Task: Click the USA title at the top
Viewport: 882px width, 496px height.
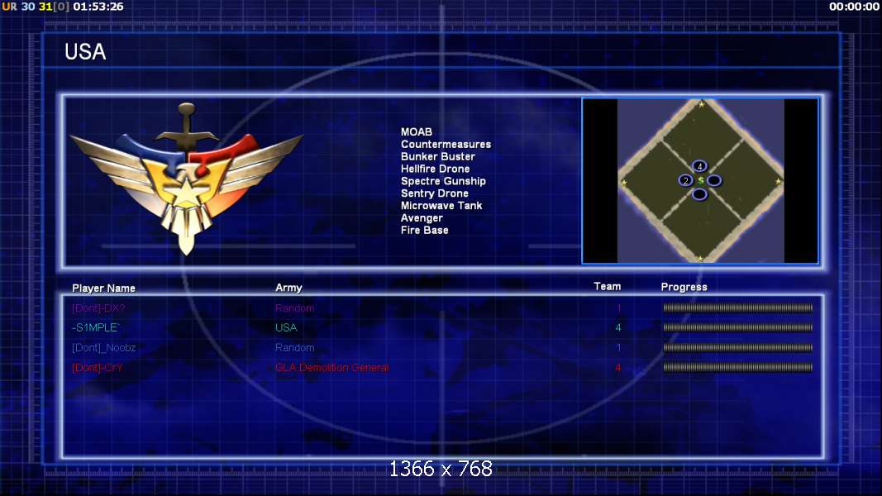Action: coord(85,52)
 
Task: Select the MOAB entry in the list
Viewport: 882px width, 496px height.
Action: coord(417,132)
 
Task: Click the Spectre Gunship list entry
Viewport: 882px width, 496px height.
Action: coord(443,181)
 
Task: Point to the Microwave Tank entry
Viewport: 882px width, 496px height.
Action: coord(441,206)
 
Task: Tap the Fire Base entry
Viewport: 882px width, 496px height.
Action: coord(425,231)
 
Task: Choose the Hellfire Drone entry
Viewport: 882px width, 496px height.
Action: coord(435,169)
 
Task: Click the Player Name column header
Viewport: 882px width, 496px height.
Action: coord(103,289)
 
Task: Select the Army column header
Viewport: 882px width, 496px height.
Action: coord(288,288)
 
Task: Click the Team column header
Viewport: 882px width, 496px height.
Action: coord(607,287)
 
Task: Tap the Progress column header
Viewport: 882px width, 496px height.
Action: coord(684,287)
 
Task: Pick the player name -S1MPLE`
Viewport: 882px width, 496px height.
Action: coord(96,328)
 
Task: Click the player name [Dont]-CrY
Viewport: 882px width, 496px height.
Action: coord(98,368)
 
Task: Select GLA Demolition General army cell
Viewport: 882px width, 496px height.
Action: coord(331,368)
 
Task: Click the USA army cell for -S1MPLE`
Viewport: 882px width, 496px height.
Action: coord(286,328)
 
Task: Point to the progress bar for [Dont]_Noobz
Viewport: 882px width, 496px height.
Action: coord(737,348)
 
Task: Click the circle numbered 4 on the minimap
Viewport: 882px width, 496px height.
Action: coord(699,166)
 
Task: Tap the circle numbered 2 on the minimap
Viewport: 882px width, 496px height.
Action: coord(685,180)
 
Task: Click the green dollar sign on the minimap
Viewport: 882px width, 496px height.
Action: coord(700,180)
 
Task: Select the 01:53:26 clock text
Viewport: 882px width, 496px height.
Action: coord(98,7)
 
